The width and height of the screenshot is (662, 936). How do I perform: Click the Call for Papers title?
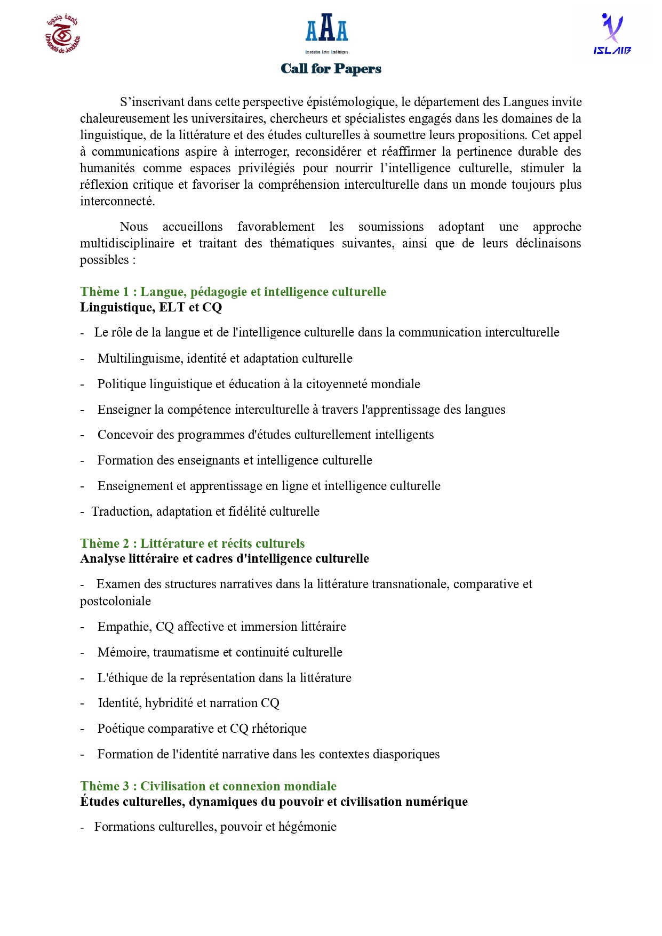point(331,69)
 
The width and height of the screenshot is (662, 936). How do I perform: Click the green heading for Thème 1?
point(233,292)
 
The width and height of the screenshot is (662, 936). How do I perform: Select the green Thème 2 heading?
point(193,543)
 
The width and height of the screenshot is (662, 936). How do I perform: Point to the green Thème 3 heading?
point(208,786)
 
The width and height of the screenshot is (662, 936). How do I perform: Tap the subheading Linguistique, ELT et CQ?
point(151,307)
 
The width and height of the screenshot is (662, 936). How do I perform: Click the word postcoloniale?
point(115,601)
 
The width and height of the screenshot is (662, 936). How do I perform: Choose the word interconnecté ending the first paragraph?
point(117,201)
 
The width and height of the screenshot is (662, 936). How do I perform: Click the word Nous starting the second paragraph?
point(133,227)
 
